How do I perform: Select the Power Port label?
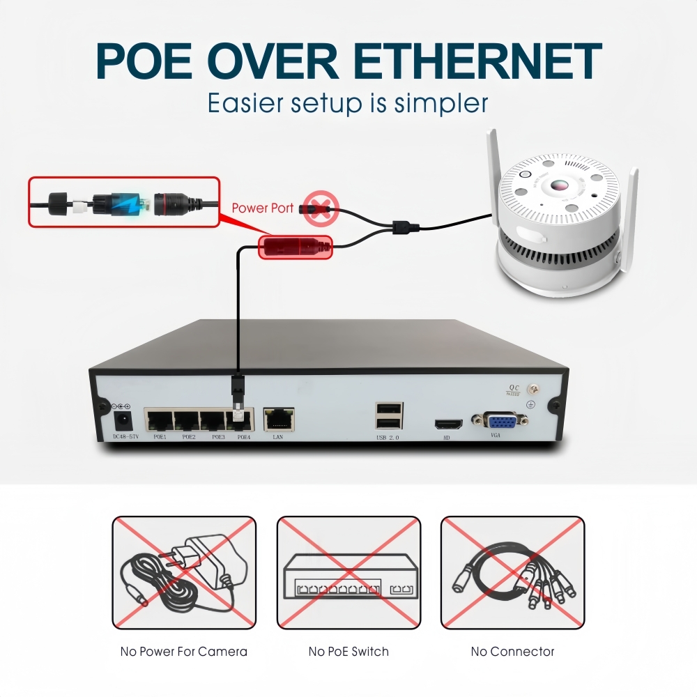point(263,208)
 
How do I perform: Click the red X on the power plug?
point(320,207)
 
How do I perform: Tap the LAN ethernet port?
point(278,420)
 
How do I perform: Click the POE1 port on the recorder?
point(160,420)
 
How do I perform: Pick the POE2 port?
point(187,420)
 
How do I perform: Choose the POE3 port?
point(214,420)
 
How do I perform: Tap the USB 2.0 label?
point(388,438)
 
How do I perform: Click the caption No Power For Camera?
point(184,652)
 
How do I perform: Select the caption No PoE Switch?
point(348,652)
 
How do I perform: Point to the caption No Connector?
point(512,652)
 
